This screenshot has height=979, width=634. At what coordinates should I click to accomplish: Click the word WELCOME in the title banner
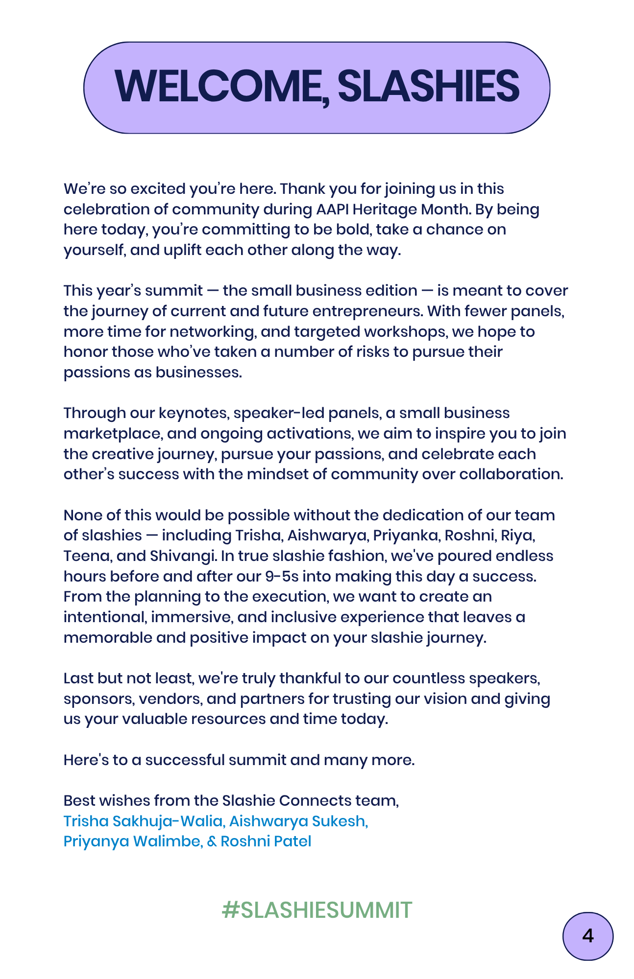pos(220,87)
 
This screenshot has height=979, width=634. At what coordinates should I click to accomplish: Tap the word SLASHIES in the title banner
pos(428,87)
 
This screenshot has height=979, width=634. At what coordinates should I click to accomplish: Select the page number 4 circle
pos(587,936)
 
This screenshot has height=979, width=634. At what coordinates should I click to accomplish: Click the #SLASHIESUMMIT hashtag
pos(317,910)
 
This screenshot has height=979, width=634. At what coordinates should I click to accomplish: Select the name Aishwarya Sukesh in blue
pos(298,821)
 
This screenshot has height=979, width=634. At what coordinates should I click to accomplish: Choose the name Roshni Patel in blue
pos(266,841)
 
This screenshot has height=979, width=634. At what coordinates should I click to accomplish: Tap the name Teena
pos(84,556)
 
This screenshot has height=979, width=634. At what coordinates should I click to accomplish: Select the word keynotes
pos(194,413)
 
